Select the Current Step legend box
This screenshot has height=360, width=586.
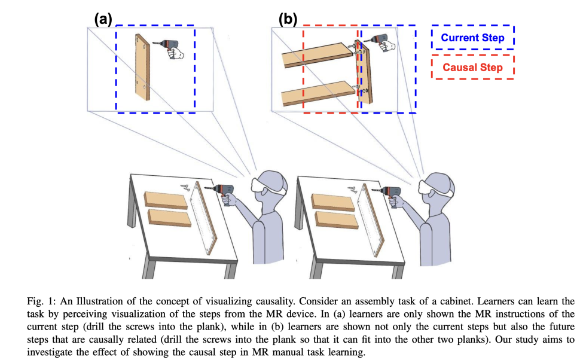click(472, 38)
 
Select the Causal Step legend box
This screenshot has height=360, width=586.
click(472, 68)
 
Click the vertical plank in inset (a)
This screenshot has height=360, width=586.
click(142, 67)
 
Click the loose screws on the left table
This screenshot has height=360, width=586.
click(188, 188)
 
